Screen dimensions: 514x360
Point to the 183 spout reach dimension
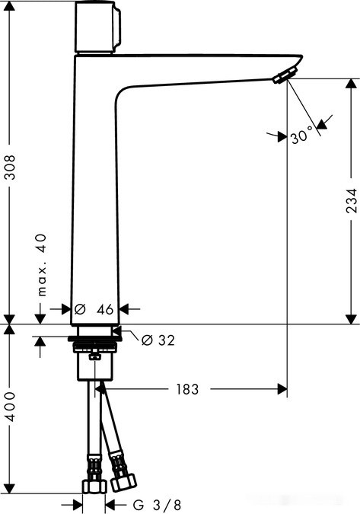point(186,389)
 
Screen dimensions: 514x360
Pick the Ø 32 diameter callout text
point(158,340)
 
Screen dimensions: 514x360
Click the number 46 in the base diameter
point(105,309)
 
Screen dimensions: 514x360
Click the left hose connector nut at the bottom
point(94,485)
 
